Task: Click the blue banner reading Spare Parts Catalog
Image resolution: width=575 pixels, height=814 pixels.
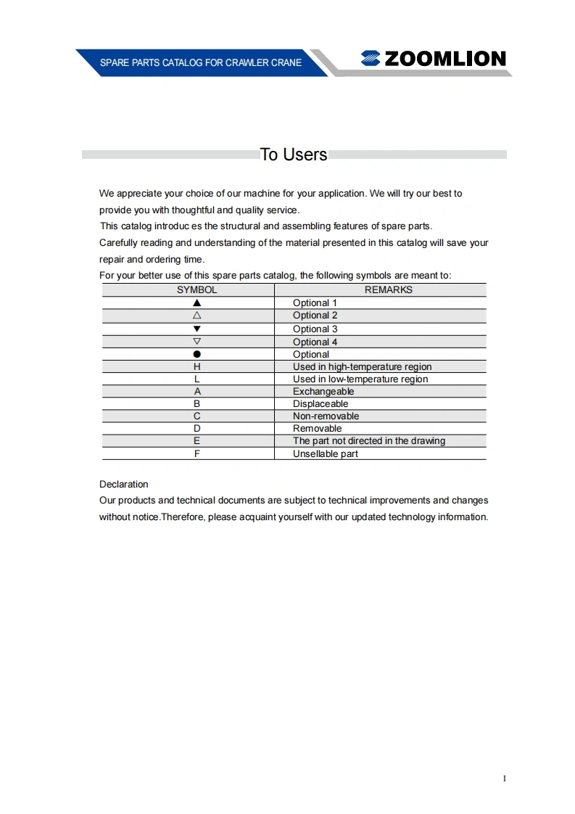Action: tap(201, 63)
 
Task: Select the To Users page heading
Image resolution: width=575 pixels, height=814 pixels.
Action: tap(294, 155)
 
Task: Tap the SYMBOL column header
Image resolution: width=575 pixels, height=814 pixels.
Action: tap(197, 289)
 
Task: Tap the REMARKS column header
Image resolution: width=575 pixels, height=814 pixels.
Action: tap(388, 289)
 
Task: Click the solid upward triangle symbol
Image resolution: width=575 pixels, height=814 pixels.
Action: tap(197, 303)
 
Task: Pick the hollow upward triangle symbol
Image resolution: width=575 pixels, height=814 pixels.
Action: tap(197, 315)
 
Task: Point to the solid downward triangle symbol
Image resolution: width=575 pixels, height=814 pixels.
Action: tap(197, 329)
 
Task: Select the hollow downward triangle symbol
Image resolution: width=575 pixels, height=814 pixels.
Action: tap(197, 341)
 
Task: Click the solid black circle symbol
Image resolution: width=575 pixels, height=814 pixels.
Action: tap(197, 354)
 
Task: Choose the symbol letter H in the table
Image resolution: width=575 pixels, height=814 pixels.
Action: tap(197, 366)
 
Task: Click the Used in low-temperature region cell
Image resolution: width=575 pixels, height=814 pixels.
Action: tap(360, 379)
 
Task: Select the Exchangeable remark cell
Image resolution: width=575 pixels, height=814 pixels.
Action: tap(323, 391)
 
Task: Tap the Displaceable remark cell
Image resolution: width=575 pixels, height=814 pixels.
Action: tap(320, 403)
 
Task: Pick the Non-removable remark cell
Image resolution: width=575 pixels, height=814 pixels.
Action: tap(326, 416)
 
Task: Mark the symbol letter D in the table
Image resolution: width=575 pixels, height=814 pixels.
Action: tap(197, 428)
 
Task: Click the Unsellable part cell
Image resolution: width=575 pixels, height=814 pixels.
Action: tap(326, 453)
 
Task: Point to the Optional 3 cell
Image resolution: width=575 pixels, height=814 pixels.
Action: tap(315, 329)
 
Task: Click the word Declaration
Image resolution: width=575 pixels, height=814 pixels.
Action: tap(123, 484)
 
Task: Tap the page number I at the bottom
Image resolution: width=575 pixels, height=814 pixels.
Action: tap(505, 778)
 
